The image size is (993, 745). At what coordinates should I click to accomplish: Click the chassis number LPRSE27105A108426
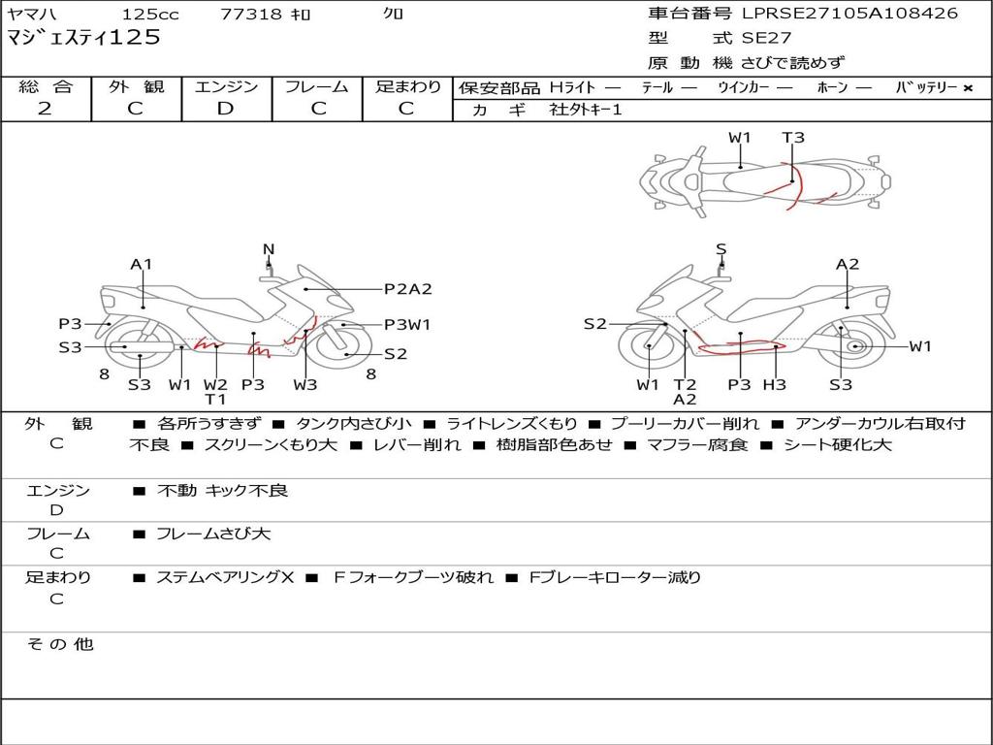(x=849, y=14)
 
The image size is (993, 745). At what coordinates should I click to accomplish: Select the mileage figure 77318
(x=250, y=14)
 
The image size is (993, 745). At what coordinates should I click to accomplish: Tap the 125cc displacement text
(x=150, y=14)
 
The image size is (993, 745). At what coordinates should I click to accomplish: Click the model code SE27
(x=766, y=38)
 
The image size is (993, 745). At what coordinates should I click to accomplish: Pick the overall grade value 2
(x=45, y=109)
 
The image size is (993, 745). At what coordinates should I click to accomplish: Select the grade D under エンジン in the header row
(x=225, y=109)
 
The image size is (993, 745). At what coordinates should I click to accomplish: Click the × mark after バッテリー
(x=968, y=88)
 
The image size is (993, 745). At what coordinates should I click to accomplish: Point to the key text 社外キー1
(x=586, y=110)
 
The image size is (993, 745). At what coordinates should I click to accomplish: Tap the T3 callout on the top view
(x=793, y=138)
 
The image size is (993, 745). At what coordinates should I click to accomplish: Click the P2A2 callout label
(x=408, y=289)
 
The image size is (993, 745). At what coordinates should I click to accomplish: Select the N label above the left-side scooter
(x=269, y=249)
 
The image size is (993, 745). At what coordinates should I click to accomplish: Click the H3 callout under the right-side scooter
(x=775, y=384)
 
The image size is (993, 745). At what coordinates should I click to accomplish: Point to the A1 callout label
(x=142, y=264)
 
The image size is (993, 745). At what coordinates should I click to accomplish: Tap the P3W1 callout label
(x=407, y=325)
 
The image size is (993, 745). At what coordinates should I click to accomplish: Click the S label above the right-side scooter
(x=721, y=249)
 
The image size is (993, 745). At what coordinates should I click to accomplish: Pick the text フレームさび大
(x=213, y=534)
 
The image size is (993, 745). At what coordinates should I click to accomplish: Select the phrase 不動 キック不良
(x=222, y=491)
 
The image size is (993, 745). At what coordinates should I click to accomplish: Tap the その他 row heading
(x=59, y=644)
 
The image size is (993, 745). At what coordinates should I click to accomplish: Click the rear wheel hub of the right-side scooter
(x=856, y=346)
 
